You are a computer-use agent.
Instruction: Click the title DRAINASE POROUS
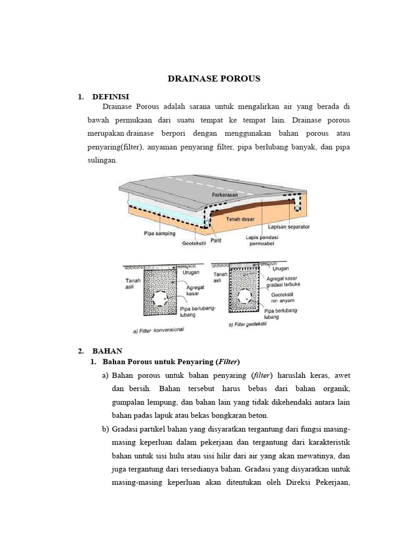pyautogui.click(x=214, y=79)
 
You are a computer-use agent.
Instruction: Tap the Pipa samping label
pyautogui.click(x=159, y=233)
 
